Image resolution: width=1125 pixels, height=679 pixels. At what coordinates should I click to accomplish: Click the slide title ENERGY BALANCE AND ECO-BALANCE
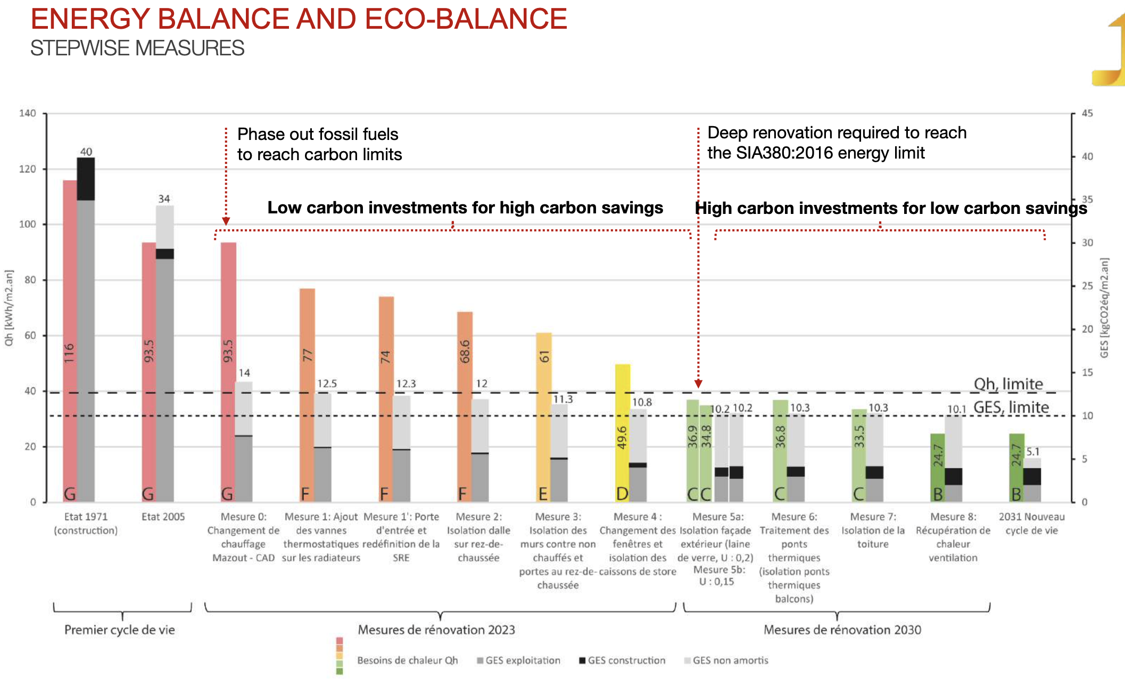click(299, 19)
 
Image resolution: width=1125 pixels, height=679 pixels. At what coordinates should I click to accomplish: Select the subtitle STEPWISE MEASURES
click(137, 48)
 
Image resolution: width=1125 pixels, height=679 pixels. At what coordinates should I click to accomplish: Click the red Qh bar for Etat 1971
click(70, 341)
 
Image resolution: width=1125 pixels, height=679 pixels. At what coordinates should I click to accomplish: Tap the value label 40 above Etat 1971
click(86, 152)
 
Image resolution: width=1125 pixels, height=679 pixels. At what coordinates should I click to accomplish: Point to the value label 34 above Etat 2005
click(164, 199)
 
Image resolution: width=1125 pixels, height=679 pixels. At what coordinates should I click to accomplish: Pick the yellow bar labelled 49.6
click(623, 431)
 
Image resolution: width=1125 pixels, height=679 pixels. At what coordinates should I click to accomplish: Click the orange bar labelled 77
click(307, 394)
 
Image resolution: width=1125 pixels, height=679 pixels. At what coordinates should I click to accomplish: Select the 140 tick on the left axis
click(28, 113)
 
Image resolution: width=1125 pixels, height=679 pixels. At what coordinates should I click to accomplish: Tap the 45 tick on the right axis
click(1087, 113)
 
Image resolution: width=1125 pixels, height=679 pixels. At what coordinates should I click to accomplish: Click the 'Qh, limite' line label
click(1008, 384)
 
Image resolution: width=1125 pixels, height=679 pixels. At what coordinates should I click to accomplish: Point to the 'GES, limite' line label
click(1011, 408)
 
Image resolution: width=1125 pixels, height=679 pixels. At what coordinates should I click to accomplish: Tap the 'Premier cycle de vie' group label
click(120, 630)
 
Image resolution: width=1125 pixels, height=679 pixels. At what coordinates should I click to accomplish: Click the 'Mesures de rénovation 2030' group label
click(842, 630)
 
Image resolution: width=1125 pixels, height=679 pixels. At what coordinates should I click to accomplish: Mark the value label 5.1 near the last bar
click(1032, 452)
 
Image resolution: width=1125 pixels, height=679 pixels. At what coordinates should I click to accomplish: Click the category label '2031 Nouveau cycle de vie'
click(1031, 524)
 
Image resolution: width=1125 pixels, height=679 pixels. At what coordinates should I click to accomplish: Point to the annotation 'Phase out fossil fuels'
click(318, 134)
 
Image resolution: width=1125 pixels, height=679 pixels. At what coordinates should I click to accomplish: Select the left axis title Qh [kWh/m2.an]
click(9, 308)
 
